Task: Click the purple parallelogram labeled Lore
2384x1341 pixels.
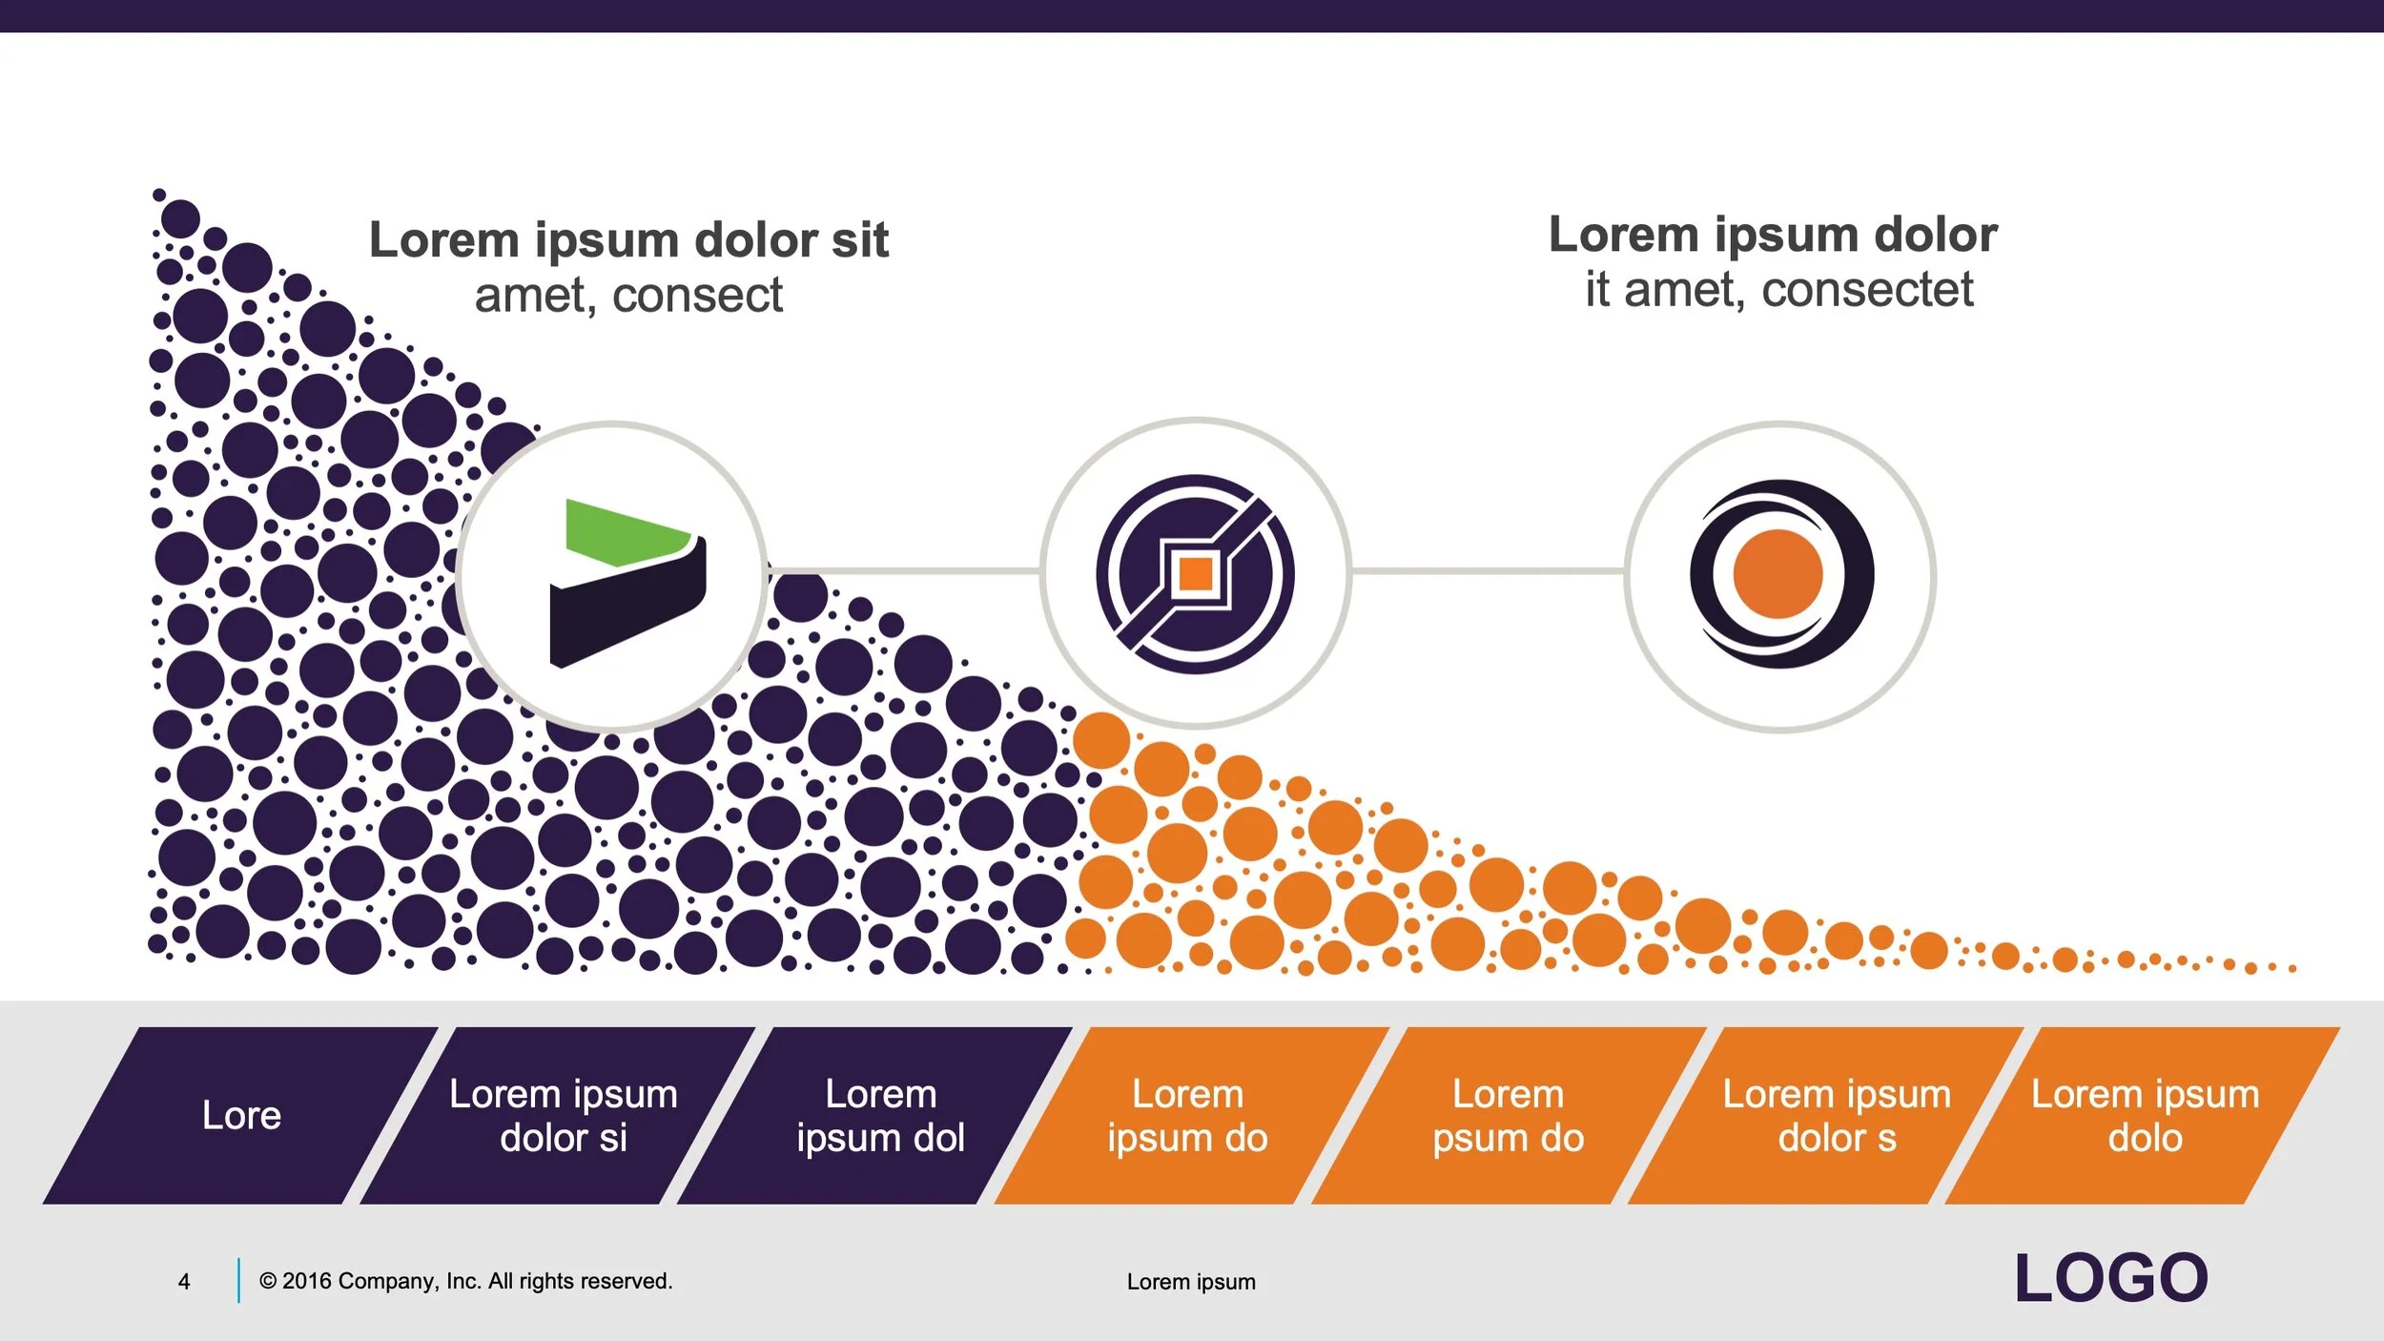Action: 240,1115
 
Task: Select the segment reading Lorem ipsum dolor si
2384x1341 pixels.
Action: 563,1115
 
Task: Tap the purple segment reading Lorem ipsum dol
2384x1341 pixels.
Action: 879,1115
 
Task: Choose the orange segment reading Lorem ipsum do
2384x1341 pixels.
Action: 1187,1115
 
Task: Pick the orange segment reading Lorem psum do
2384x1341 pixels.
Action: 1508,1115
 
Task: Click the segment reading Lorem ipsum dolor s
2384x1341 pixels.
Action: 1836,1115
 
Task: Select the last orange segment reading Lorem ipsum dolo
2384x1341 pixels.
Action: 2145,1115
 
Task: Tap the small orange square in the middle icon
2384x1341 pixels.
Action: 1195,574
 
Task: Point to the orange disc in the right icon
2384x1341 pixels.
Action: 1778,574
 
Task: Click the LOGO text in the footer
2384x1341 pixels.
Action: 2111,1278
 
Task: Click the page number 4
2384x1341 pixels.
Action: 184,1281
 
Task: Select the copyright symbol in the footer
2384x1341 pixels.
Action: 268,1281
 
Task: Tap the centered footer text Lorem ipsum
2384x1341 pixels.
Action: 1191,1282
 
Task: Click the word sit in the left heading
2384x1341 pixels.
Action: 859,239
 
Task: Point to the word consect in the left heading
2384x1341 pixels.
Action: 697,295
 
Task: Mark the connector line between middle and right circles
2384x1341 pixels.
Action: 1488,571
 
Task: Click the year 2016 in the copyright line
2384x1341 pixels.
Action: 307,1281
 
